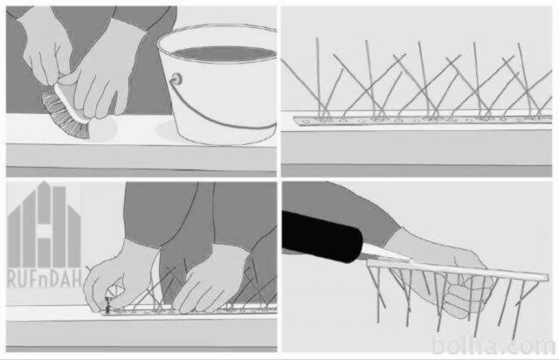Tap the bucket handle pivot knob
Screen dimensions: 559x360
pos(176,79)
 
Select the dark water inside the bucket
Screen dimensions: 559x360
pos(224,53)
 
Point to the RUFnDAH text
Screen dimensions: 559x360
pos(45,279)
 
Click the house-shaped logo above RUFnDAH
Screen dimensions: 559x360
pos(44,225)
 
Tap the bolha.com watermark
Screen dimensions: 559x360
pos(493,345)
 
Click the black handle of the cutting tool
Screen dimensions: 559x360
pos(321,235)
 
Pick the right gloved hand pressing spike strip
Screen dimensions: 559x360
pos(210,278)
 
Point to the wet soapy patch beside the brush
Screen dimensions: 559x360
pos(103,129)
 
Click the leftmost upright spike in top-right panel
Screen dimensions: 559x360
pos(318,78)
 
